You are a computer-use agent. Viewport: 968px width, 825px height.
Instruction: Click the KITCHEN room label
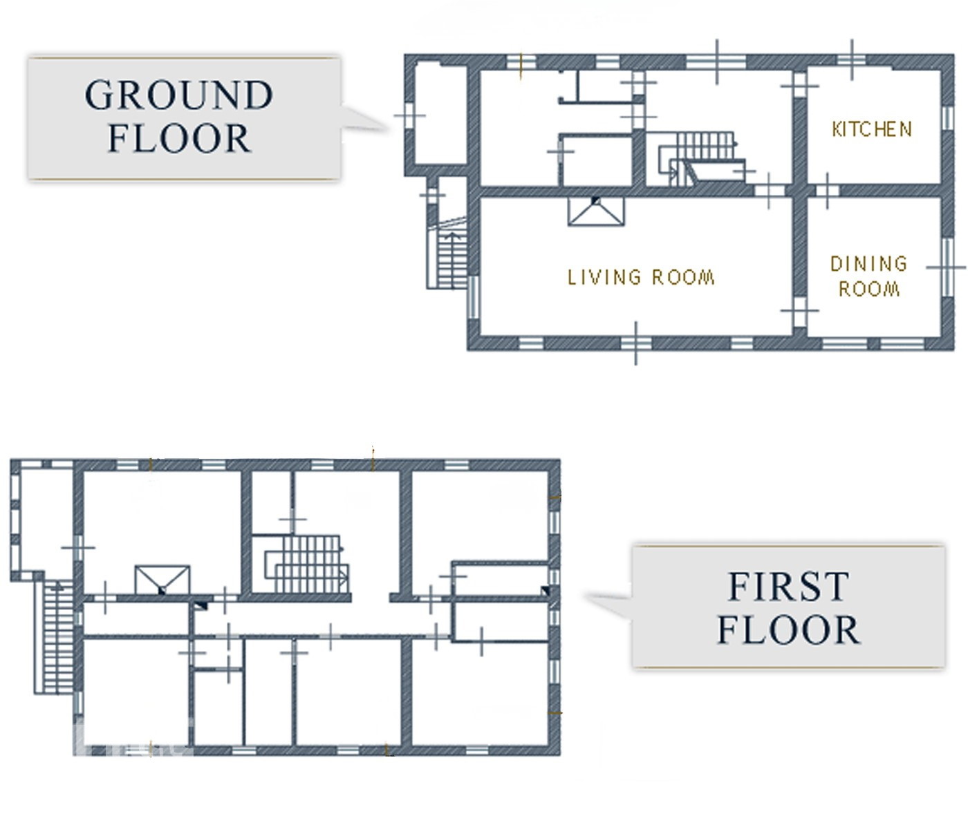[x=872, y=129]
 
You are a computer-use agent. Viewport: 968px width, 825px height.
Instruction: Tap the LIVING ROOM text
[x=641, y=278]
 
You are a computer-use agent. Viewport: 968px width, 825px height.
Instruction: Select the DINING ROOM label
[x=869, y=276]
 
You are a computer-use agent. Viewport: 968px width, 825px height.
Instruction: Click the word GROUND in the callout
[x=178, y=95]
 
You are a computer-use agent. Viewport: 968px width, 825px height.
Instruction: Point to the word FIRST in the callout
[x=789, y=586]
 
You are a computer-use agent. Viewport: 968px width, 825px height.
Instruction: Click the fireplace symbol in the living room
[x=596, y=211]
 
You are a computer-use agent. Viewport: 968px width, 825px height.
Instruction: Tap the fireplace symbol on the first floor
[x=162, y=580]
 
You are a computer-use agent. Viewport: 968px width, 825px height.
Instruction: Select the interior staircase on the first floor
[x=307, y=565]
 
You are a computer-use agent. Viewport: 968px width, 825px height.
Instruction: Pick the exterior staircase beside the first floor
[x=54, y=637]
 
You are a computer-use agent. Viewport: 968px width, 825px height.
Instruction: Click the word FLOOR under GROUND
[x=180, y=138]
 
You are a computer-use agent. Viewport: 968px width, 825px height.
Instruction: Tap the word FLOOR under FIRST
[x=789, y=630]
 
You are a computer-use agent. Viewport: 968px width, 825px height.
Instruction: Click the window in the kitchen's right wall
[x=947, y=118]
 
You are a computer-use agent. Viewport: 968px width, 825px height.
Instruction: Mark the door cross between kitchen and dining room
[x=827, y=191]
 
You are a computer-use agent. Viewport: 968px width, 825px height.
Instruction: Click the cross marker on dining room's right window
[x=947, y=267]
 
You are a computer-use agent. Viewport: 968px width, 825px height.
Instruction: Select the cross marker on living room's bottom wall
[x=635, y=343]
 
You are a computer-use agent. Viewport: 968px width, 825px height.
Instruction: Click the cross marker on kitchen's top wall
[x=852, y=60]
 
